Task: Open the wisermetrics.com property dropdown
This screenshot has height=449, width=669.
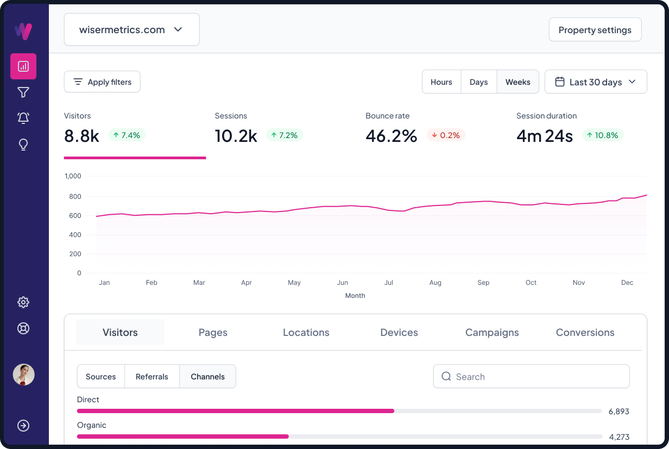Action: (131, 29)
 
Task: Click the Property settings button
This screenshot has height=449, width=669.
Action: (595, 30)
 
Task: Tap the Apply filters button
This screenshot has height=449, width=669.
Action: (102, 82)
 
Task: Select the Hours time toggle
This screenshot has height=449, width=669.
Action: (441, 82)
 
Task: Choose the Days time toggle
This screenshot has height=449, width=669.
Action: (478, 82)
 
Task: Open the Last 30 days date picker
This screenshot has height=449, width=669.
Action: (595, 82)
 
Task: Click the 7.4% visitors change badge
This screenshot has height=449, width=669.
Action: (127, 135)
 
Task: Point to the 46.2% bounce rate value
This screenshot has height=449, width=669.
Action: (391, 136)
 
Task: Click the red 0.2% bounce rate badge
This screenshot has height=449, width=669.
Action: (446, 135)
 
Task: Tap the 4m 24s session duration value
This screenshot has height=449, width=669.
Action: (544, 136)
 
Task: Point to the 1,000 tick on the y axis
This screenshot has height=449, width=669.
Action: (73, 176)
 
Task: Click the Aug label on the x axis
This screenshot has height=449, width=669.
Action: (436, 283)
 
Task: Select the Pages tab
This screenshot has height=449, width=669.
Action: (213, 333)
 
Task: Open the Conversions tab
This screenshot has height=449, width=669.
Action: (585, 333)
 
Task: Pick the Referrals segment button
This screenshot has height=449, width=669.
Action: (152, 377)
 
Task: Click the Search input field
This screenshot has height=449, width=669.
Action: (531, 377)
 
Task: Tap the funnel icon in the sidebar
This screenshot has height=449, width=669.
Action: (23, 92)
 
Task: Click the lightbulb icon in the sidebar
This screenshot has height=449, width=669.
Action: (23, 145)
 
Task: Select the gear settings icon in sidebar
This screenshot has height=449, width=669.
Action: (23, 302)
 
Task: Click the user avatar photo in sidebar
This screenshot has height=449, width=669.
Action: (23, 375)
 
